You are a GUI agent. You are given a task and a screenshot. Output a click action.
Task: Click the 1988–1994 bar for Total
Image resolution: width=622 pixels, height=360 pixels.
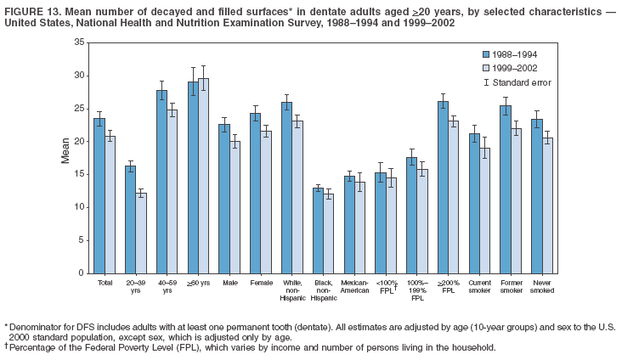click(99, 195)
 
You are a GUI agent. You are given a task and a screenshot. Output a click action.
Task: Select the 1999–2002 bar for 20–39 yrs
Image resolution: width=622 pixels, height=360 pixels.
click(141, 233)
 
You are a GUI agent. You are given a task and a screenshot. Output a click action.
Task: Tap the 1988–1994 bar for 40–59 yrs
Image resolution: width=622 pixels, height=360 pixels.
click(161, 182)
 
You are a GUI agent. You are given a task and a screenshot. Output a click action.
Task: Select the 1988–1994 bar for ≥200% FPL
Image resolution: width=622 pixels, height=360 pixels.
click(443, 188)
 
